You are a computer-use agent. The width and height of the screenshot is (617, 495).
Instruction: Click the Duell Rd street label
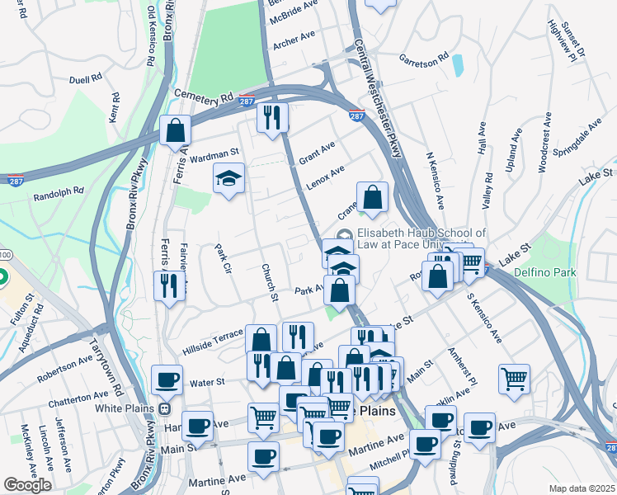tap(86, 78)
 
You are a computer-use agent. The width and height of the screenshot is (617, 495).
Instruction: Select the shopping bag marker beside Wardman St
tap(175, 130)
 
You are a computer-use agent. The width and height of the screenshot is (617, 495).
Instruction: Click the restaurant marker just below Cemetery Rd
tap(271, 117)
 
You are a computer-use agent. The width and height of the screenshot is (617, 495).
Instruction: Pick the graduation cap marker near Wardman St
tap(228, 179)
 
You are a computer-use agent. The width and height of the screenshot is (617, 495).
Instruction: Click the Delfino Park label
tap(543, 271)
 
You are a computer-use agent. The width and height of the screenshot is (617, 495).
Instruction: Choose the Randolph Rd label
tap(59, 194)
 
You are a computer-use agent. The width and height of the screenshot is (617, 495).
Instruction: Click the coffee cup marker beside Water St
tap(167, 380)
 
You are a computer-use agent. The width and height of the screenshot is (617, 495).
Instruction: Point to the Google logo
tap(27, 485)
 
